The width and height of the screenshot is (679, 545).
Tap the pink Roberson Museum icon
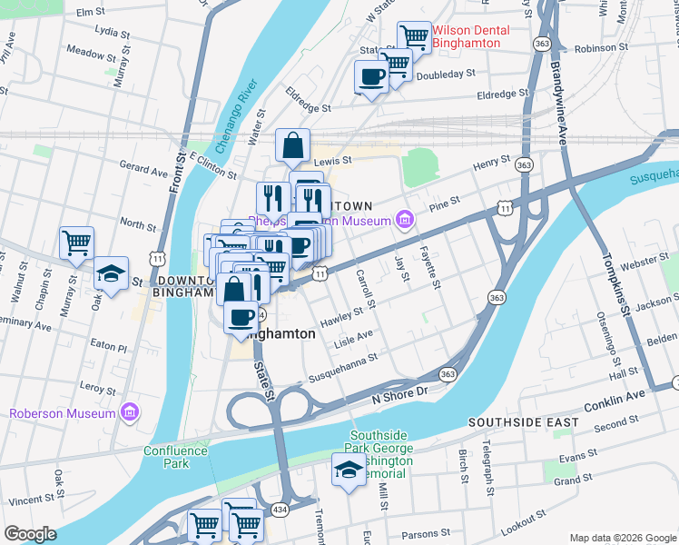(x=128, y=413)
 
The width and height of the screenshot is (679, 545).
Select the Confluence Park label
(x=165, y=456)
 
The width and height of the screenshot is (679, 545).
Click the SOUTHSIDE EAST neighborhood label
(x=522, y=423)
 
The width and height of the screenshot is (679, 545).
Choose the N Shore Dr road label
(x=399, y=393)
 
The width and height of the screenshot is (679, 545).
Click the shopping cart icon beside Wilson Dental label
(x=414, y=37)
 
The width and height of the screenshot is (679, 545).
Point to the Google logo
(x=30, y=534)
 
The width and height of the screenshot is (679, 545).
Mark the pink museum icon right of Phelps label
(x=404, y=220)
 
